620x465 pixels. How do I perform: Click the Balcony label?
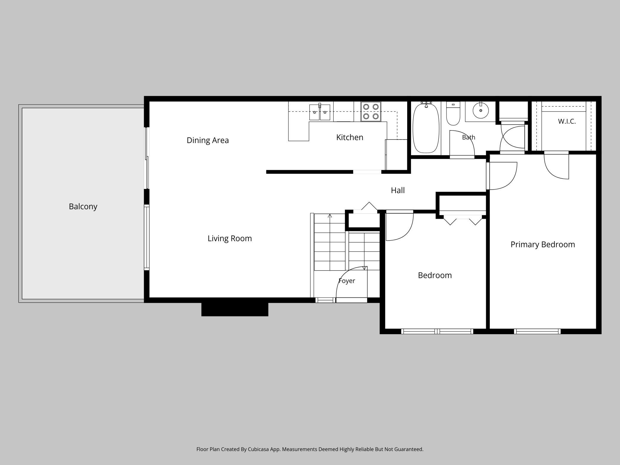(83, 207)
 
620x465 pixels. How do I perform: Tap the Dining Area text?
(208, 140)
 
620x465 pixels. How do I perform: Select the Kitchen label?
(350, 137)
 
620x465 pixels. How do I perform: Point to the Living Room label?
(230, 238)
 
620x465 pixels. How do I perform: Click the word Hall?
(398, 190)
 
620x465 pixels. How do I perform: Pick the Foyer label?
(347, 281)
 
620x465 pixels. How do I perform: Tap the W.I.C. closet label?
(567, 121)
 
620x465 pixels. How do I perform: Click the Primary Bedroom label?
(542, 245)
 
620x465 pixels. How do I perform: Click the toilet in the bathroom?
(453, 113)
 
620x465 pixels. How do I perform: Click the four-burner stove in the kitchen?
(371, 111)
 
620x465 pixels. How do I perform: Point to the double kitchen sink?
(320, 112)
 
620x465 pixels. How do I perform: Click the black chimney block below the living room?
(235, 309)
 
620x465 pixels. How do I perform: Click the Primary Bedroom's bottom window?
(537, 331)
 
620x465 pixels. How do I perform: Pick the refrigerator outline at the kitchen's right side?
(396, 154)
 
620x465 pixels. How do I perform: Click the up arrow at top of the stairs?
(330, 215)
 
